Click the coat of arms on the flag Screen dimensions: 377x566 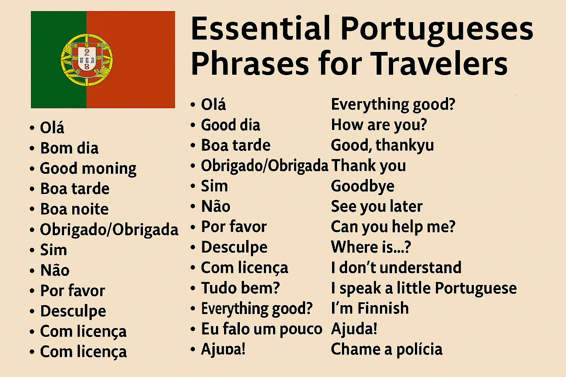click(x=87, y=59)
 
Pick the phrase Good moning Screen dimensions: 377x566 click(x=88, y=169)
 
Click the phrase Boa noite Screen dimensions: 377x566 click(x=74, y=209)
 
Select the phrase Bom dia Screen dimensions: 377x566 click(x=69, y=148)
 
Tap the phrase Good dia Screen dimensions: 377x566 click(x=231, y=125)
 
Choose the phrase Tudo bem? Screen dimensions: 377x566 click(x=240, y=288)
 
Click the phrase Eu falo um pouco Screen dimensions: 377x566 click(x=262, y=329)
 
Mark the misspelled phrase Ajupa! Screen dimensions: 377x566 click(x=223, y=349)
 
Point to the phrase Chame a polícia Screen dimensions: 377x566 click(x=387, y=349)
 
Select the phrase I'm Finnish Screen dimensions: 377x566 click(x=370, y=308)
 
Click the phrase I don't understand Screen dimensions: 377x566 click(x=396, y=268)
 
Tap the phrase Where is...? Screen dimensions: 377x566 click(x=371, y=247)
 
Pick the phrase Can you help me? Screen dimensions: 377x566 click(x=393, y=227)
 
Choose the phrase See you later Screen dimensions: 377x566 click(x=377, y=207)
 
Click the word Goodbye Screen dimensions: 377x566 click(x=363, y=186)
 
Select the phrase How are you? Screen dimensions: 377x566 click(x=379, y=125)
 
